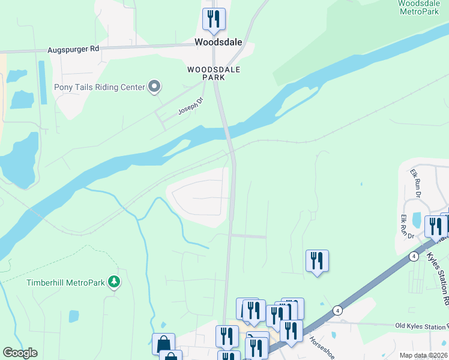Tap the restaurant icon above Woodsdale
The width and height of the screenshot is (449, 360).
214,19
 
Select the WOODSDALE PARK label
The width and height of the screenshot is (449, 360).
214,74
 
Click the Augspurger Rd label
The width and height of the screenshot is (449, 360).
73,49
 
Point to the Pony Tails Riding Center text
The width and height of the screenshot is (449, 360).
100,88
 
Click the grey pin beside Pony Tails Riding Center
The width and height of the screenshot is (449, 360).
154,87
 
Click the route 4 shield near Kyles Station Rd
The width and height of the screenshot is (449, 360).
414,256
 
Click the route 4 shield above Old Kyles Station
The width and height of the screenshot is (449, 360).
338,310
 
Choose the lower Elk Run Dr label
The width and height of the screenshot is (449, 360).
406,227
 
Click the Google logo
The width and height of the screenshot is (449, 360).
20,353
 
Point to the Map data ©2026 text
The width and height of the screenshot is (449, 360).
423,355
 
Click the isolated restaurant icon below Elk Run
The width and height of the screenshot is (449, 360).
317,261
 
